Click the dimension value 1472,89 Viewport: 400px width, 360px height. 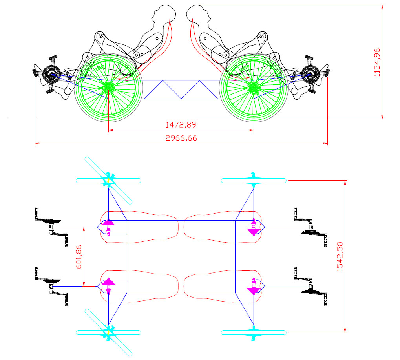click(181, 125)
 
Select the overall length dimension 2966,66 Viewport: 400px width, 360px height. click(181, 138)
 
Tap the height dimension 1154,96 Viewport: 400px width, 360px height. click(377, 62)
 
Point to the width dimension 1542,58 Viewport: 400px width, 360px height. click(340, 256)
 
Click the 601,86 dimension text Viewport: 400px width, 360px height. click(79, 256)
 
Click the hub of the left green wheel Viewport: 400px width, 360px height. click(108, 88)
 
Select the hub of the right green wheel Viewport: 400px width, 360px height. click(254, 88)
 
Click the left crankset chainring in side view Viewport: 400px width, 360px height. click(51, 74)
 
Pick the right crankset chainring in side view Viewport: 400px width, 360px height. click(311, 74)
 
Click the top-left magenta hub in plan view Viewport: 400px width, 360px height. click(108, 227)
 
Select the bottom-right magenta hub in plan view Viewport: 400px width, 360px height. click(254, 286)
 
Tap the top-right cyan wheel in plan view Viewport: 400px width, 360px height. click(254, 180)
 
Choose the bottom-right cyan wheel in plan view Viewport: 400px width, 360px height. click(254, 333)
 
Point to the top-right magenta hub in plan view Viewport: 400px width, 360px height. click(254, 227)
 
